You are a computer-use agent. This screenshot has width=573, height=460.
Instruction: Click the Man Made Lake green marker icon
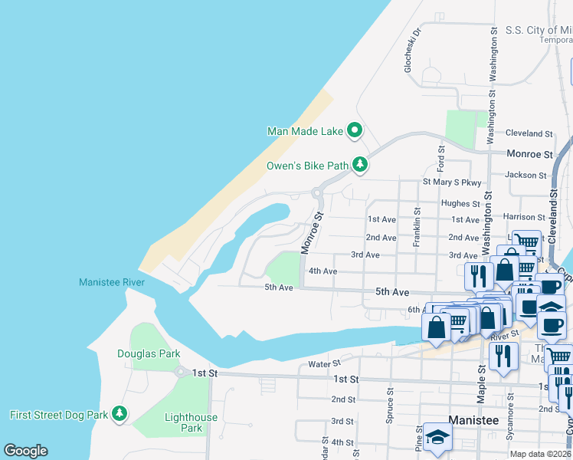pos(354,131)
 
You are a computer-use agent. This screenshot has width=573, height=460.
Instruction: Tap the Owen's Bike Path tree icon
pos(360,165)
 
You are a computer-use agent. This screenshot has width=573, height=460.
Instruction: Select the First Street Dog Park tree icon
pos(119,415)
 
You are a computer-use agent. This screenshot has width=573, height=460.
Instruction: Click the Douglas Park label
pos(149,353)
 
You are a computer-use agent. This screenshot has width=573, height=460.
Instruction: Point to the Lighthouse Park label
pos(191,422)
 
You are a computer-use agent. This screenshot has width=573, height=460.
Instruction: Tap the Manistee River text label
pos(112,283)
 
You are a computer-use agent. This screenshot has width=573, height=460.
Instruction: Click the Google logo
pos(25,451)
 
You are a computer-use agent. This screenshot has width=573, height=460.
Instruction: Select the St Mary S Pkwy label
pos(452,182)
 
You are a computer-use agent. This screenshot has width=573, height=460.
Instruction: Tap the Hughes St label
pos(460,204)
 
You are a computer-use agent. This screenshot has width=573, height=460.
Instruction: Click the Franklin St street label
pos(417,227)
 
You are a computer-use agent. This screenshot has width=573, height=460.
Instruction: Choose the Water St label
pos(323,364)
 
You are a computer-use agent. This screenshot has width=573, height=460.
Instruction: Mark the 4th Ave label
pos(323,271)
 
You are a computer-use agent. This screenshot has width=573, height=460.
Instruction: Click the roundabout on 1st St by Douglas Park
pos(182,373)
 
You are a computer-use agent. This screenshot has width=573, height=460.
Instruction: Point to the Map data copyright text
pos(541,454)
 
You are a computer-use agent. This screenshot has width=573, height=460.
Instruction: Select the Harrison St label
pos(523,217)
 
